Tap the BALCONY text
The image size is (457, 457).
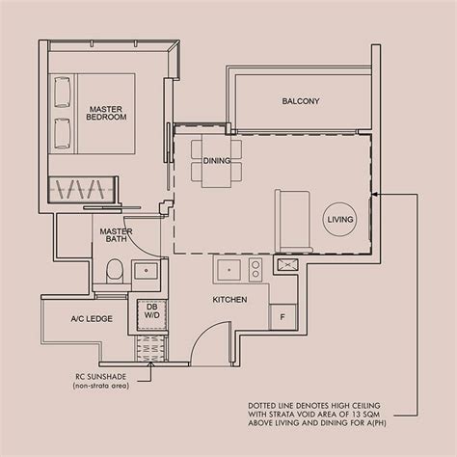pyautogui.click(x=301, y=102)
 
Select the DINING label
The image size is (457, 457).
pyautogui.click(x=216, y=161)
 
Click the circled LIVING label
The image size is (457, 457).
pyautogui.click(x=340, y=220)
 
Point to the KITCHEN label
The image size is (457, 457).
pyautogui.click(x=230, y=300)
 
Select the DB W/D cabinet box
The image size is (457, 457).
pyautogui.click(x=152, y=310)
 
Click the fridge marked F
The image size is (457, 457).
pyautogui.click(x=283, y=315)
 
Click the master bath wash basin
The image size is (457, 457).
pyautogui.click(x=148, y=272)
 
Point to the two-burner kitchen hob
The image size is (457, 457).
pyautogui.click(x=255, y=268)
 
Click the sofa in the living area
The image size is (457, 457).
pyautogui.click(x=292, y=216)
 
